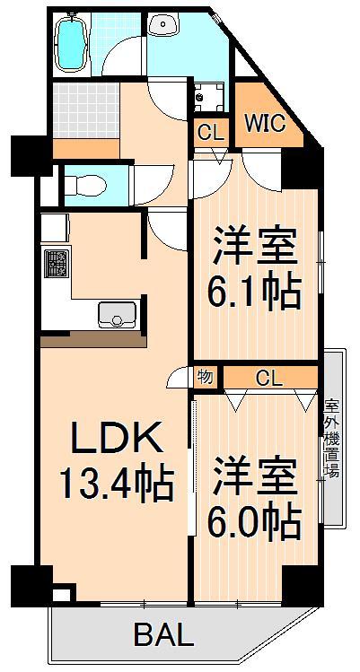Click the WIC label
(265, 122)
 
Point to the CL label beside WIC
(210, 132)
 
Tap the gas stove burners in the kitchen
(57, 264)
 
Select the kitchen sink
(117, 315)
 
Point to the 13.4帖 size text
(115, 485)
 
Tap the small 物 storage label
(206, 377)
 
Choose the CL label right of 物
(268, 378)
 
